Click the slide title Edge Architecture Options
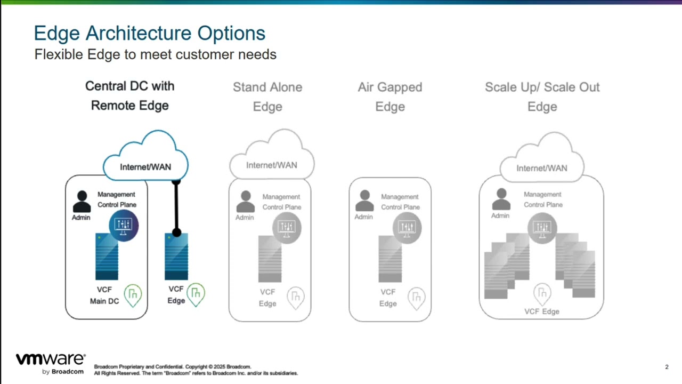click(149, 33)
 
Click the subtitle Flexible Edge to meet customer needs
click(155, 54)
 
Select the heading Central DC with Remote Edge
click(129, 95)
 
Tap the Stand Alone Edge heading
click(267, 97)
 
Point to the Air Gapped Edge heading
click(390, 97)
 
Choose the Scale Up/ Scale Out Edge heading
click(542, 97)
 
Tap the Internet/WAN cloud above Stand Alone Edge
click(272, 160)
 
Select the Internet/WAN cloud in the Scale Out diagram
click(541, 163)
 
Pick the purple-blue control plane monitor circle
click(124, 225)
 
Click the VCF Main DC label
click(104, 295)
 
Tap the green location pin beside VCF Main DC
click(133, 294)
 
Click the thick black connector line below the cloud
click(176, 208)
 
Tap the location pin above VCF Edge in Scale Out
click(542, 293)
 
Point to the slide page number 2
click(667, 367)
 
